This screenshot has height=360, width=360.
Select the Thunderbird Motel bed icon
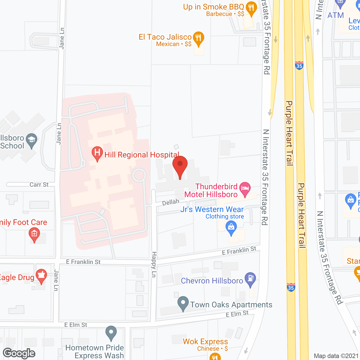pos(245,189)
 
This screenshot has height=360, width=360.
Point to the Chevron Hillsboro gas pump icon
pos(250,279)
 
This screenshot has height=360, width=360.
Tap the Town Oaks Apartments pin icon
pos(183,304)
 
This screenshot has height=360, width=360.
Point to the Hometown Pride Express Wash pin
pos(111,333)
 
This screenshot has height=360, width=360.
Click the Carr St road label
pos(39,185)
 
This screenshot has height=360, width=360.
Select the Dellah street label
pos(171,202)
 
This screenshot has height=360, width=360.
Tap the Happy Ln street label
pos(154,264)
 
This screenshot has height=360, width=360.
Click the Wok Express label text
pos(205,341)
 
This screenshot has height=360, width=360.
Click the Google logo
pos(19,353)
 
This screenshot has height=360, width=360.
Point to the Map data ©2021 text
pos(336,356)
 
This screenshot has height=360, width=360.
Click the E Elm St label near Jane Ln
pos(76,325)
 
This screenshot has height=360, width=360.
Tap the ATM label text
pos(336,15)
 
